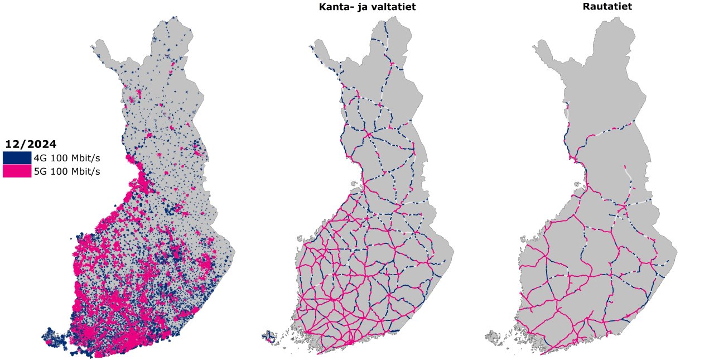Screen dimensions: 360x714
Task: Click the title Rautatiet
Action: pos(607,7)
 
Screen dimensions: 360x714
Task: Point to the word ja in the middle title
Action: pos(360,7)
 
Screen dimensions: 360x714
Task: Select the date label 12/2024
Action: pos(31,144)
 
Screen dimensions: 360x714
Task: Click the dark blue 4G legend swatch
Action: pos(17,157)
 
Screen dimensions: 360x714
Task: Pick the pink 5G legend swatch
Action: pos(17,171)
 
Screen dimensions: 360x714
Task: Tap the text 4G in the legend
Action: pos(40,158)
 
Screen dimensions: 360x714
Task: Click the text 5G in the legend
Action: pos(40,171)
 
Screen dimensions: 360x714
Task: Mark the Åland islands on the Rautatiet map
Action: pos(493,337)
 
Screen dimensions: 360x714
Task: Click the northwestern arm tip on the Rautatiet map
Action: pos(536,45)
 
